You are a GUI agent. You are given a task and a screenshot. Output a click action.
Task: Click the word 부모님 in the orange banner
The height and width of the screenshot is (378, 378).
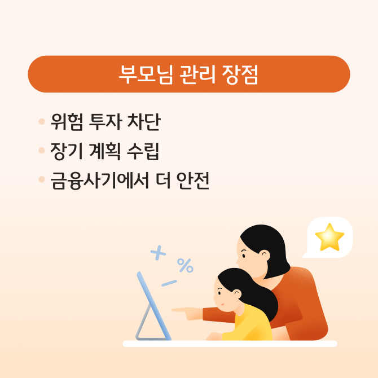click(144, 74)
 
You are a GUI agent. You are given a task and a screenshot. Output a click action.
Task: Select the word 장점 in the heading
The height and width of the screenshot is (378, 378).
click(238, 74)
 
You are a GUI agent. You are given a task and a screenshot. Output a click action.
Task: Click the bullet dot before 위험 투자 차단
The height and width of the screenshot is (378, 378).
click(41, 121)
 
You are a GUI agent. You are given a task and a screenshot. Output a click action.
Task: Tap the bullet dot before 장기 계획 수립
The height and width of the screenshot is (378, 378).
click(41, 151)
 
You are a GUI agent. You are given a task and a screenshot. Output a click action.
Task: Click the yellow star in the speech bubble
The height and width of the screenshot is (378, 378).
click(329, 238)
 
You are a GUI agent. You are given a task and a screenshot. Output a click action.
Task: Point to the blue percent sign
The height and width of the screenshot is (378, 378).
click(185, 265)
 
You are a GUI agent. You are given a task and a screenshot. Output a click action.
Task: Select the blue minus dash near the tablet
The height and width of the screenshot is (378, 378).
click(169, 283)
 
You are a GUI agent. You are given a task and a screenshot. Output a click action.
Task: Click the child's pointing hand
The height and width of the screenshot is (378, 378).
click(181, 310)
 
